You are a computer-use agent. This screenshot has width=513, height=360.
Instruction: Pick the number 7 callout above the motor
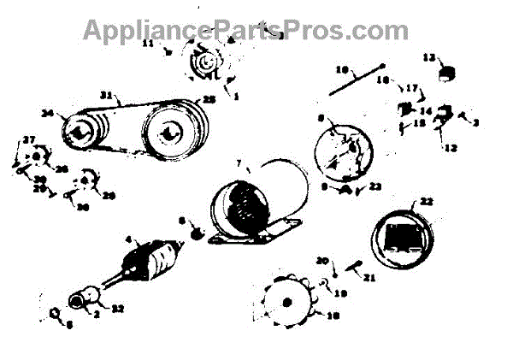(x=239, y=162)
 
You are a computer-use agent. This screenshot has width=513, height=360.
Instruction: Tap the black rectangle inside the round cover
(x=407, y=233)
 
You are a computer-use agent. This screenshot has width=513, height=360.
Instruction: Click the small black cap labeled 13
(x=443, y=73)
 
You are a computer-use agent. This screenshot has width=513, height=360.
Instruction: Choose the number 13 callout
(x=431, y=57)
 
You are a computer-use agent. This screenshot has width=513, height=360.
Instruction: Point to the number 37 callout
(x=28, y=140)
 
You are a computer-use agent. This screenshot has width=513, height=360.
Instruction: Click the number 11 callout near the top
(x=148, y=42)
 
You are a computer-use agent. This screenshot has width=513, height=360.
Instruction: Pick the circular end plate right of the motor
(x=344, y=152)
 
